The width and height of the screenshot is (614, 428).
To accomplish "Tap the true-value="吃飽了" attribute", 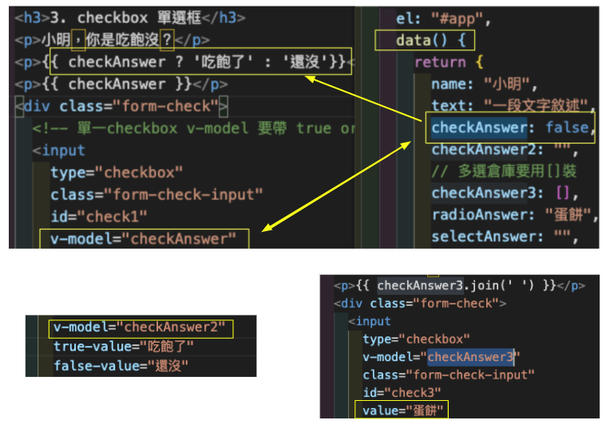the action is pos(123,347).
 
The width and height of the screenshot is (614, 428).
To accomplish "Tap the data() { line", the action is pos(435,40).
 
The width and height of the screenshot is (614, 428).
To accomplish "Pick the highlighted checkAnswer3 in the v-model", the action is pos(471,356).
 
